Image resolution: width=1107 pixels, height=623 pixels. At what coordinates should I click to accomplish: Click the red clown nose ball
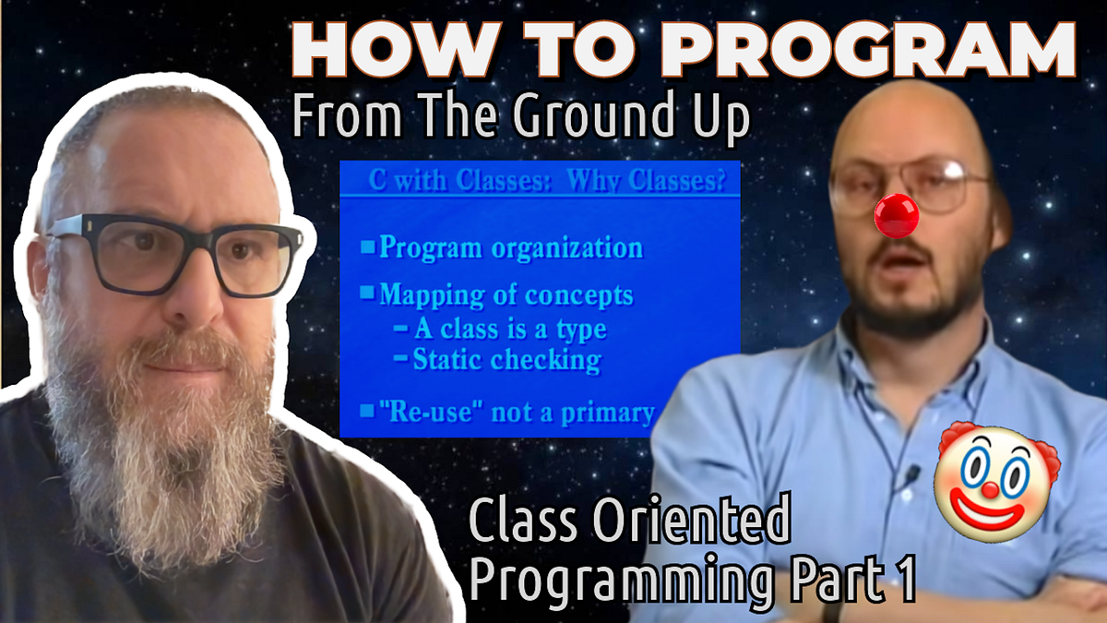coord(896,213)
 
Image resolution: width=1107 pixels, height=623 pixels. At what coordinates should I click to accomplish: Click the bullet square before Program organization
coord(367,246)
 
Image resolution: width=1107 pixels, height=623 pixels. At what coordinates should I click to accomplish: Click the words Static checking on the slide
coord(506,359)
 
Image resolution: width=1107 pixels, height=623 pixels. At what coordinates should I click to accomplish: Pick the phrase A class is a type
coord(509,328)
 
